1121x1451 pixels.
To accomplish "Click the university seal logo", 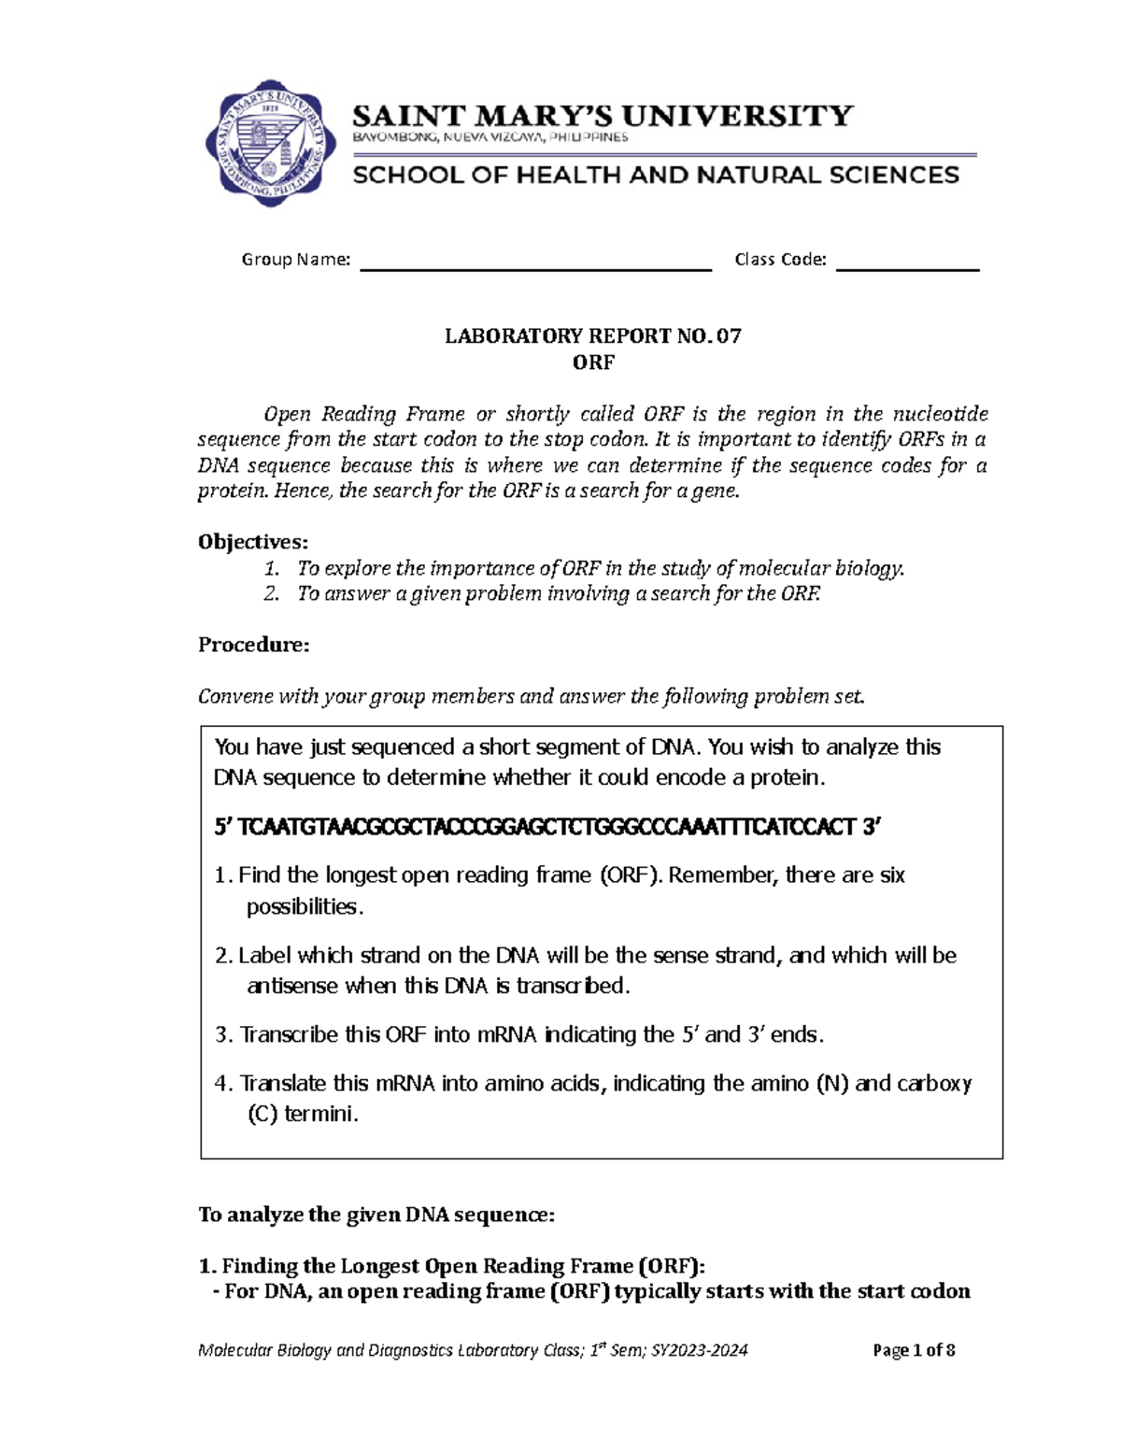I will [x=270, y=143].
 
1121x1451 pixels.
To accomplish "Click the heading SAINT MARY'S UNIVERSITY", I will [x=603, y=116].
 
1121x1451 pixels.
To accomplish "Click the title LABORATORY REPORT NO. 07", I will [x=592, y=336].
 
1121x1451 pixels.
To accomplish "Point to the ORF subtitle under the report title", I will [x=593, y=363].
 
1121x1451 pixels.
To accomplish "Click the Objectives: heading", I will [x=253, y=542].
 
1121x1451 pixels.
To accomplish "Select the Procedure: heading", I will [x=253, y=645].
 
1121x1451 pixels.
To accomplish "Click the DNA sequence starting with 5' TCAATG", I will [x=548, y=827].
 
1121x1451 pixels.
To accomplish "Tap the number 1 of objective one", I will [x=271, y=568].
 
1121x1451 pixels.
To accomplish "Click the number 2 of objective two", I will [x=271, y=593].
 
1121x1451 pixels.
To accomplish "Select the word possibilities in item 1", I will [x=302, y=906].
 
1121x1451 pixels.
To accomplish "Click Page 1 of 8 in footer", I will [x=914, y=1350].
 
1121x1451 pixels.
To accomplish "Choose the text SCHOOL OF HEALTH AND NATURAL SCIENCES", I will [x=656, y=176].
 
